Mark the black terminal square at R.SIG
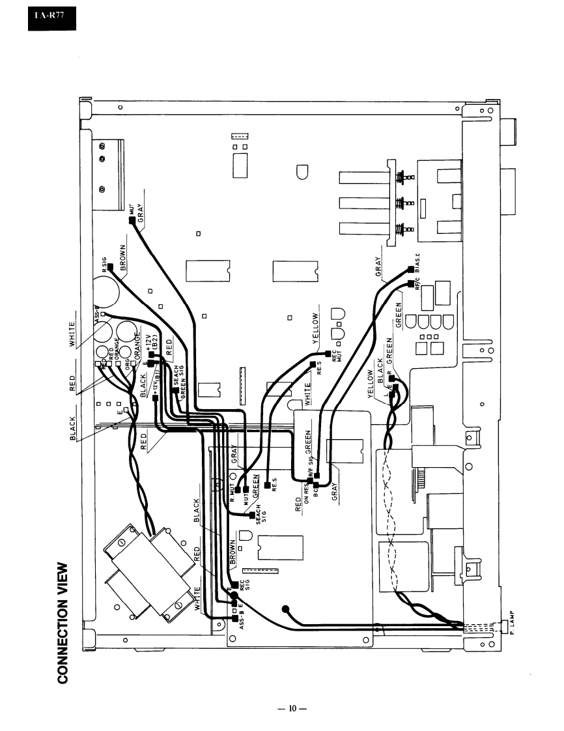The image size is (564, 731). click(x=111, y=266)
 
